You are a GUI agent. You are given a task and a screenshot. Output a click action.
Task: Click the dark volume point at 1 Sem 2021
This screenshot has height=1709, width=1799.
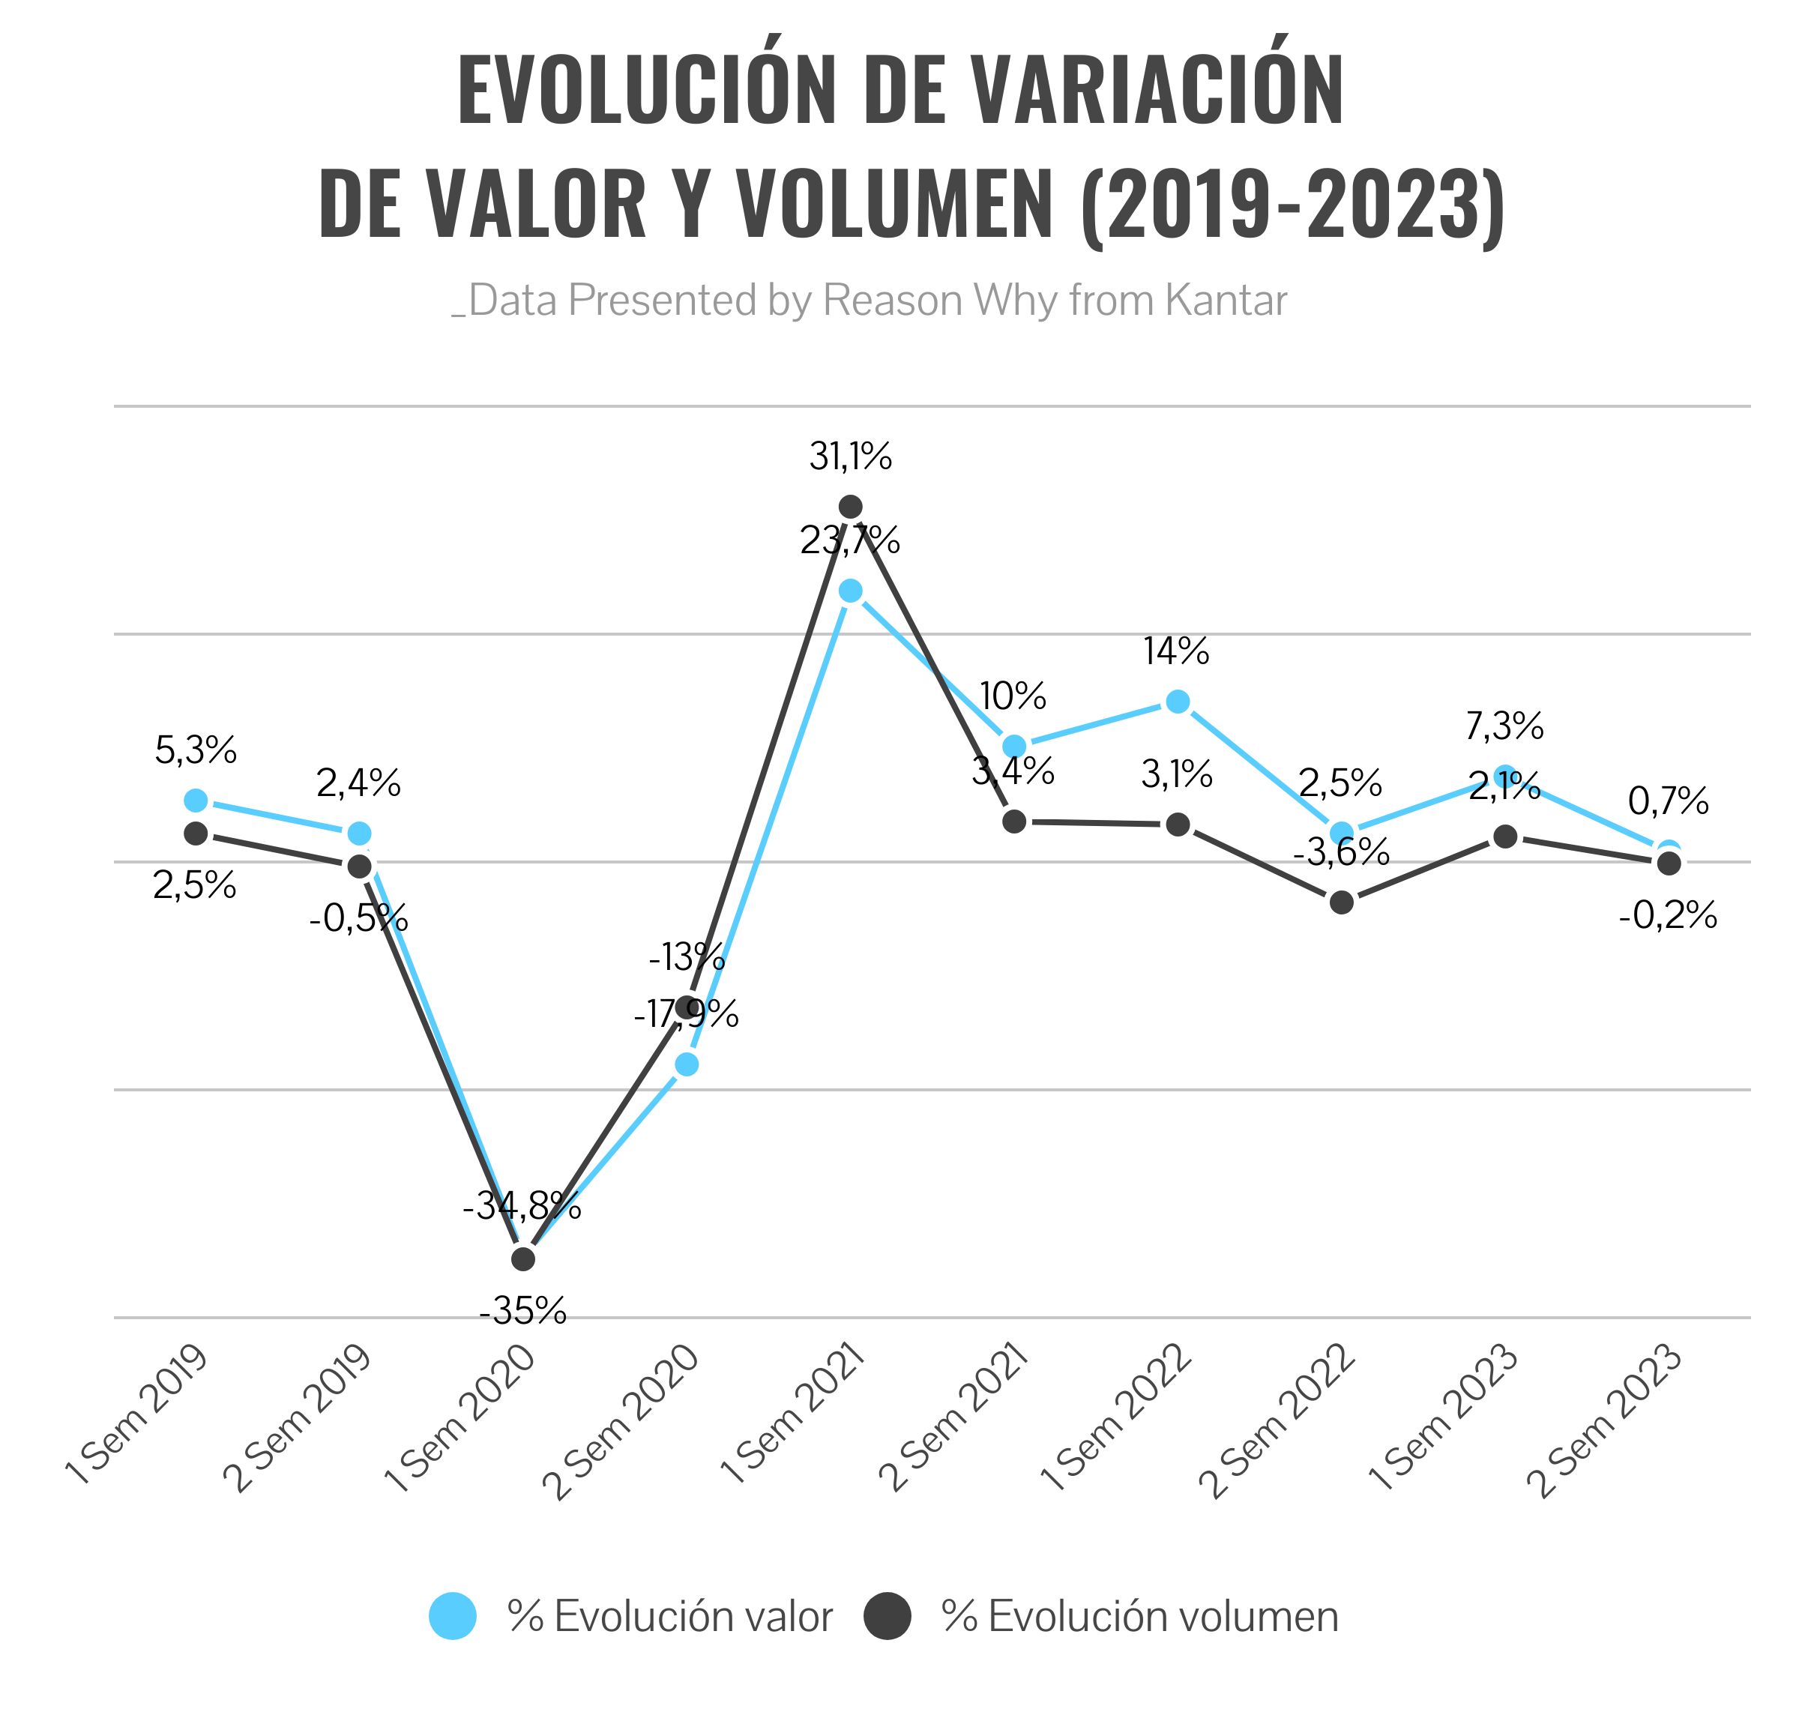click(850, 506)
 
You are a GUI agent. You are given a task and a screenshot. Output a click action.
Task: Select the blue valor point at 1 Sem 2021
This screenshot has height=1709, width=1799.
click(850, 591)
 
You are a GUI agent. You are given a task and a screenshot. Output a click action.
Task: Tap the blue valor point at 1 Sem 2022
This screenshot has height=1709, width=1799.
click(1178, 702)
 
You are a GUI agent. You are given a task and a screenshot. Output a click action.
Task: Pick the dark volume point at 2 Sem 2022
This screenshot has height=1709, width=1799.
click(1341, 902)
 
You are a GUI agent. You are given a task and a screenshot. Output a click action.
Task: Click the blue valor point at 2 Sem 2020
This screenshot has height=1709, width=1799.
click(687, 1064)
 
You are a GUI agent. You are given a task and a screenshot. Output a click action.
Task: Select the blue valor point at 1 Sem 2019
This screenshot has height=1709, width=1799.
click(196, 801)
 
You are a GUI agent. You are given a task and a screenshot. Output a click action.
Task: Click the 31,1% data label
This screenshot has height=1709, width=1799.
click(851, 456)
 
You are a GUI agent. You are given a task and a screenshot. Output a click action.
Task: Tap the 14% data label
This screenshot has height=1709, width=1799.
click(1177, 651)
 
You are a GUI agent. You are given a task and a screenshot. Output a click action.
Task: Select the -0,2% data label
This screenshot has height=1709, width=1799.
click(1668, 914)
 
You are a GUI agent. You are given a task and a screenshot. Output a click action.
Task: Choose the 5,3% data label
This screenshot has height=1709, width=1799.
click(196, 750)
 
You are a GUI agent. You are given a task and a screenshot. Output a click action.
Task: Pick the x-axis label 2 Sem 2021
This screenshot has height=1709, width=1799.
click(951, 1420)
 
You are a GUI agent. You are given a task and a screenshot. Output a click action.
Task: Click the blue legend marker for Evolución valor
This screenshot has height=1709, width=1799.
click(453, 1616)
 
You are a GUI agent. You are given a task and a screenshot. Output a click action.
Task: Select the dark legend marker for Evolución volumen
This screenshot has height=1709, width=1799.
click(888, 1616)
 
